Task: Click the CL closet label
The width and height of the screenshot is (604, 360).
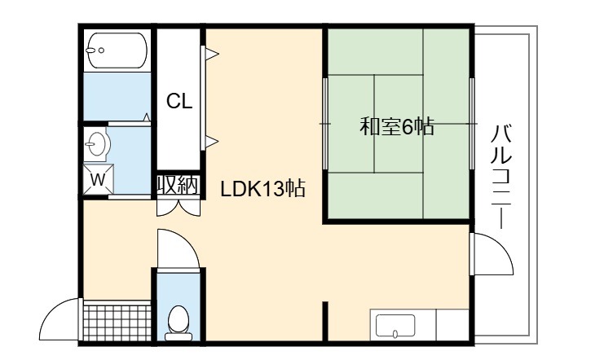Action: pos(179,102)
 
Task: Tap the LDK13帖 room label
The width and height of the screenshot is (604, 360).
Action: pos(263,189)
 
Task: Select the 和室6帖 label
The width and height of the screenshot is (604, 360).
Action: pos(397,126)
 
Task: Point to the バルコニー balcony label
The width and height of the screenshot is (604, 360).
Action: pos(502,177)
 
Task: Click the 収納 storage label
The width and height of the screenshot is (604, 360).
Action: pos(178,186)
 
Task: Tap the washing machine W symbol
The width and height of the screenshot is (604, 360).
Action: pos(99,179)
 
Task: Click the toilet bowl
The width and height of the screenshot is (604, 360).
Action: pos(179,323)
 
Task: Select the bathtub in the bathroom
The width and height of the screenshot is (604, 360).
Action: pos(117,50)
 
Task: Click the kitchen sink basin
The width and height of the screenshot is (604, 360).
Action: pos(395,326)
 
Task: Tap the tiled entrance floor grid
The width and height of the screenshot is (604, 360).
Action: pos(117,323)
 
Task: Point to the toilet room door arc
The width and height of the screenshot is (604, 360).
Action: pos(186,240)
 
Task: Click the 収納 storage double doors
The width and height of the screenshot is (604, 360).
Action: pos(179,208)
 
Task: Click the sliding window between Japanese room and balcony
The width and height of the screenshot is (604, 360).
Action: pos(472,123)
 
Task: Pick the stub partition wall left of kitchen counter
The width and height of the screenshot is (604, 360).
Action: pos(325,321)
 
